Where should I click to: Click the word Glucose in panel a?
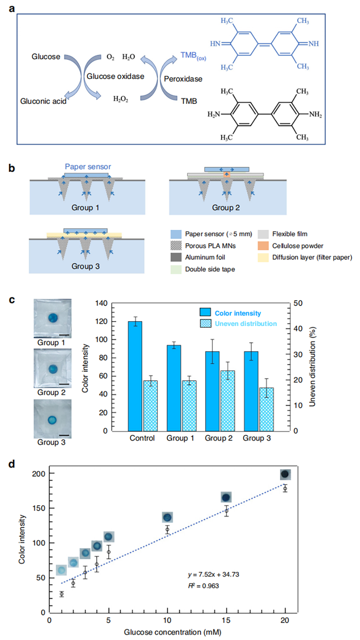point(46,57)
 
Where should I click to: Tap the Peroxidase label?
point(183,79)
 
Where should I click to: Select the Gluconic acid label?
point(43,101)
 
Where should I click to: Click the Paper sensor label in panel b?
point(88,167)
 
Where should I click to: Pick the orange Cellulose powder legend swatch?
point(263,246)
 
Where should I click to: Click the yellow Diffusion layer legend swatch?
point(263,258)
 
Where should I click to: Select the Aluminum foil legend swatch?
point(176,257)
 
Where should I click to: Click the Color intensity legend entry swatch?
point(205,312)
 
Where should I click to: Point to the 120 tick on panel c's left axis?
point(112,322)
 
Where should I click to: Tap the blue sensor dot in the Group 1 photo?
point(53,318)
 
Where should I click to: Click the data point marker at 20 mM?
point(285,489)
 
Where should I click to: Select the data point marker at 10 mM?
point(167,529)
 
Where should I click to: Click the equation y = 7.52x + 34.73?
point(213,574)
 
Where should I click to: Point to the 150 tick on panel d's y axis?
point(49,508)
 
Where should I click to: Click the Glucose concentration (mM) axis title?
point(172,632)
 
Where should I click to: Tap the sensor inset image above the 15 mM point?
point(226,497)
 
